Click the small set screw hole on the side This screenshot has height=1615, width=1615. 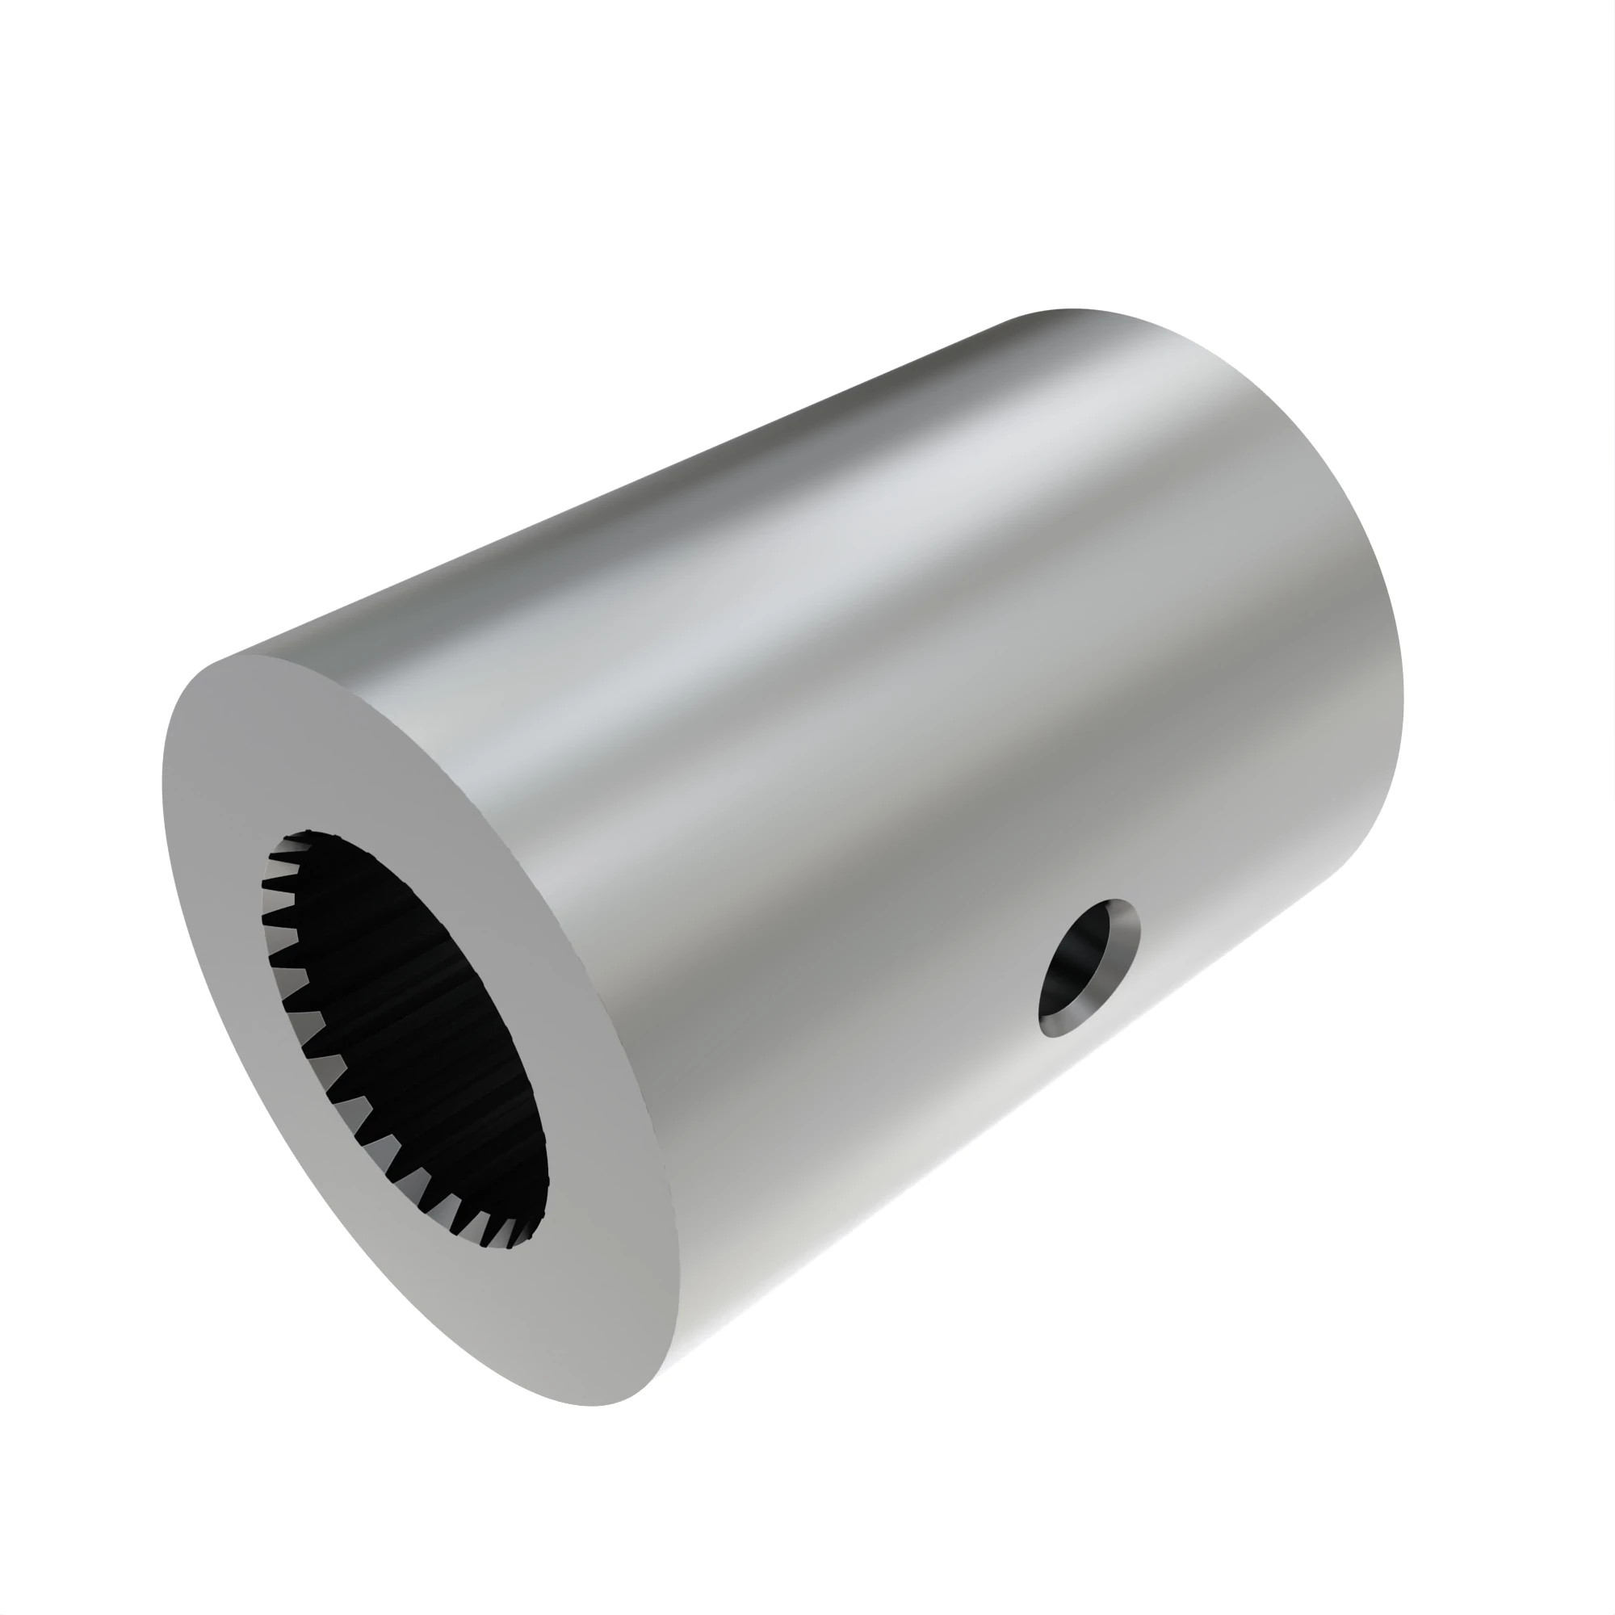[x=1089, y=967]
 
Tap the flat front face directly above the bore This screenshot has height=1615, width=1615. [x=334, y=753]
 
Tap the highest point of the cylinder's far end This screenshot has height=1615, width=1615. [x=1070, y=310]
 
